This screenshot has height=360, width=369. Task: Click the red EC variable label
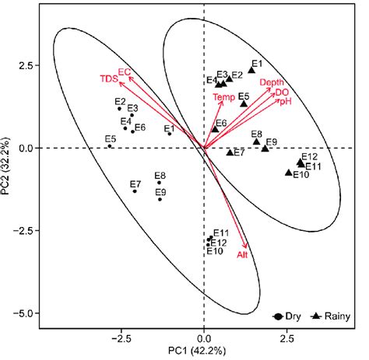pyautogui.click(x=124, y=71)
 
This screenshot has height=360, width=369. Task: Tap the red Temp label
pyautogui.click(x=223, y=97)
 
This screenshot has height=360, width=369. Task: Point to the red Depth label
pyautogui.click(x=272, y=82)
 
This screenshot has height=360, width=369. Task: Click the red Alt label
pyautogui.click(x=242, y=254)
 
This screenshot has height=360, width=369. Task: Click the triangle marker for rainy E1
pyautogui.click(x=251, y=70)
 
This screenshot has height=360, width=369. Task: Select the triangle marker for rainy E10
pyautogui.click(x=289, y=173)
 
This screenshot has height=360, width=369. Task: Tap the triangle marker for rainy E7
pyautogui.click(x=230, y=152)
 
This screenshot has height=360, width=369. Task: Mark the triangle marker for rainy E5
pyautogui.click(x=244, y=103)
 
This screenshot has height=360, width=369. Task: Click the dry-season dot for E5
pyautogui.click(x=110, y=145)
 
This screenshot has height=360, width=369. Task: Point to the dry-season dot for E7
pyautogui.click(x=135, y=191)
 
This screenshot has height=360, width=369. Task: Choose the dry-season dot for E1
pyautogui.click(x=170, y=134)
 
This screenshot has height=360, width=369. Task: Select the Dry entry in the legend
pyautogui.click(x=287, y=316)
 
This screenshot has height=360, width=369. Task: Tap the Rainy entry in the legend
pyautogui.click(x=330, y=316)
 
